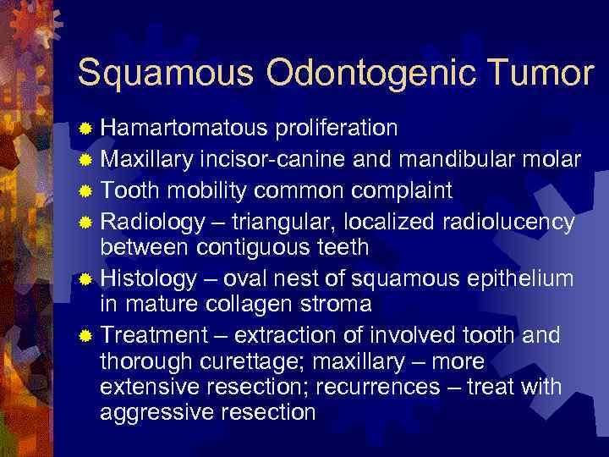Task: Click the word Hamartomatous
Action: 184,128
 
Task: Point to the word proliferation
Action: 336,128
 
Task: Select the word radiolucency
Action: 509,222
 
